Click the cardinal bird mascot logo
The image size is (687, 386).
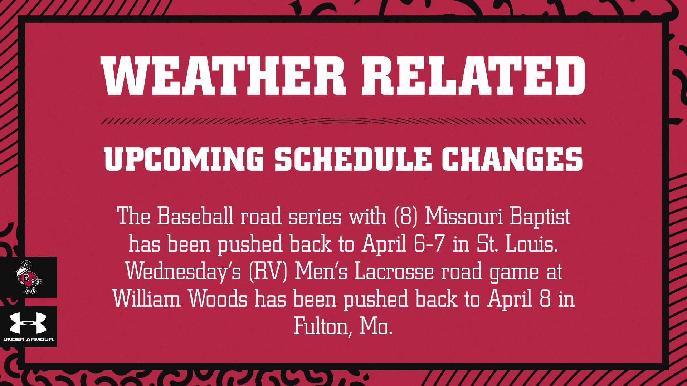29,277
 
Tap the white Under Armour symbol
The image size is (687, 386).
28,323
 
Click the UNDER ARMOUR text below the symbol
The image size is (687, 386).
28,339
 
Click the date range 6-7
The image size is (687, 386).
428,244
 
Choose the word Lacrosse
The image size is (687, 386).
394,272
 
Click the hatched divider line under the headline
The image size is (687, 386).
343,121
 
